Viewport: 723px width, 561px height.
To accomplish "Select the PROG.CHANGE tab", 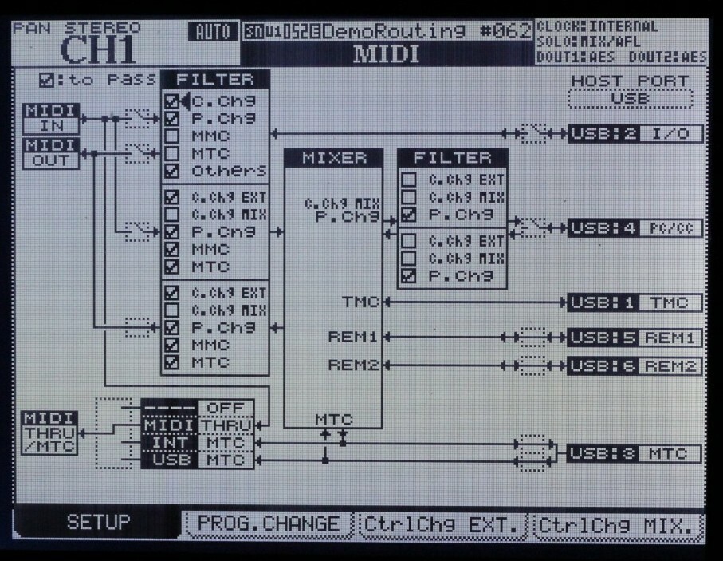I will [x=268, y=524].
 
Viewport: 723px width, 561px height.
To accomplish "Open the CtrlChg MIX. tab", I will [x=619, y=524].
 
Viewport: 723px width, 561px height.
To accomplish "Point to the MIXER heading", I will [x=334, y=157].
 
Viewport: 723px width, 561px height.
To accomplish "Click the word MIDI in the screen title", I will [x=386, y=54].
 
